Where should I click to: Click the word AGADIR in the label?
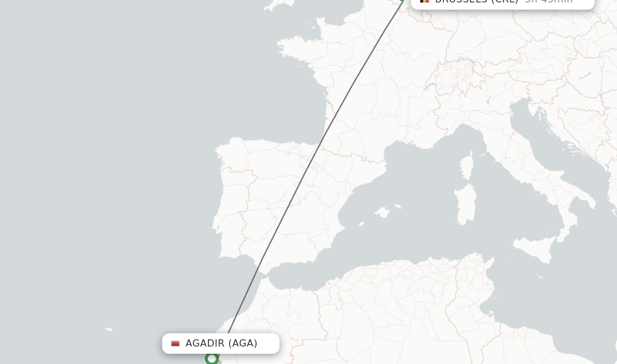[204, 344]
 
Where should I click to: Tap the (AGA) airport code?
[243, 344]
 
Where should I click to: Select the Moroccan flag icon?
[175, 344]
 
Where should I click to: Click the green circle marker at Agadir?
[211, 359]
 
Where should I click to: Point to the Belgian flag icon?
[425, 1]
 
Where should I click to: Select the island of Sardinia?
[466, 205]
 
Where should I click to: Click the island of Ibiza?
[362, 225]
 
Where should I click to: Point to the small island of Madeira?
[109, 329]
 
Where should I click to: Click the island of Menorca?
[398, 207]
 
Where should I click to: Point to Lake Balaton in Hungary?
[585, 75]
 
